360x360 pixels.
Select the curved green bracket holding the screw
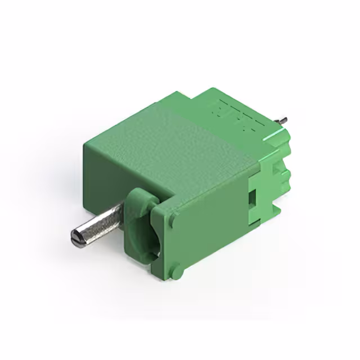(137, 225)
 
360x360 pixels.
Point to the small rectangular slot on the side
(253, 198)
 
